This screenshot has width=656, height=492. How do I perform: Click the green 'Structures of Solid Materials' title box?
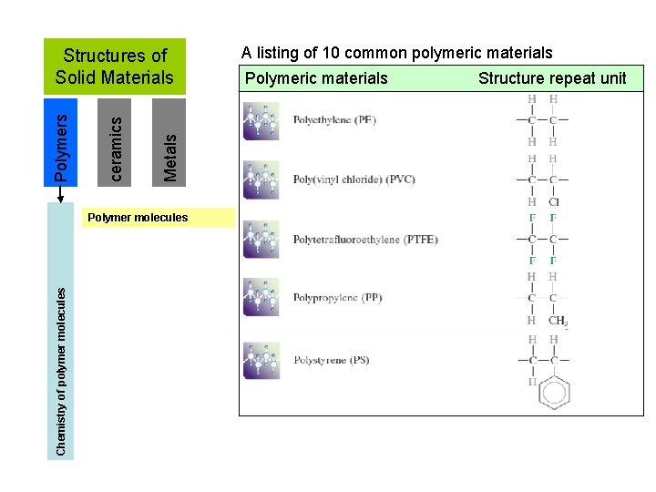pyautogui.click(x=114, y=67)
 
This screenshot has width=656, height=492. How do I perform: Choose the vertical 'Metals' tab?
pyautogui.click(x=169, y=142)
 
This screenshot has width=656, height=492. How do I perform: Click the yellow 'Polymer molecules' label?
pyautogui.click(x=136, y=218)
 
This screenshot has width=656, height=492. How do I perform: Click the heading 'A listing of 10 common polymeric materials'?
pyautogui.click(x=396, y=53)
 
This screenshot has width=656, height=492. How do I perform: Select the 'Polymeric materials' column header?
pyautogui.click(x=316, y=78)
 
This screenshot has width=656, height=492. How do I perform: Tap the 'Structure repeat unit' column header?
pyautogui.click(x=552, y=78)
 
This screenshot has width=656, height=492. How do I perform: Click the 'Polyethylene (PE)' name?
pyautogui.click(x=334, y=120)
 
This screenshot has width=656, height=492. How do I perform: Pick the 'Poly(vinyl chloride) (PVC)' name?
pyautogui.click(x=354, y=179)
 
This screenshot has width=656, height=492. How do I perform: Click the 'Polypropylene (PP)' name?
pyautogui.click(x=337, y=298)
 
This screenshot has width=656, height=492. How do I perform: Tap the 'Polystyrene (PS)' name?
pyautogui.click(x=331, y=360)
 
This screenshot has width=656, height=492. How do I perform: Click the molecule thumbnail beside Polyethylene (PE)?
pyautogui.click(x=261, y=121)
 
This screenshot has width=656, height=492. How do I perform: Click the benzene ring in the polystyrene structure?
pyautogui.click(x=553, y=393)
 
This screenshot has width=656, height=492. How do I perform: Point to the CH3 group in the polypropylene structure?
pyautogui.click(x=558, y=321)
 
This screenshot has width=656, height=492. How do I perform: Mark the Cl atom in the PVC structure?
pyautogui.click(x=554, y=202)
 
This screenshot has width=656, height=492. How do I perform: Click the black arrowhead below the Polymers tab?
pyautogui.click(x=60, y=193)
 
